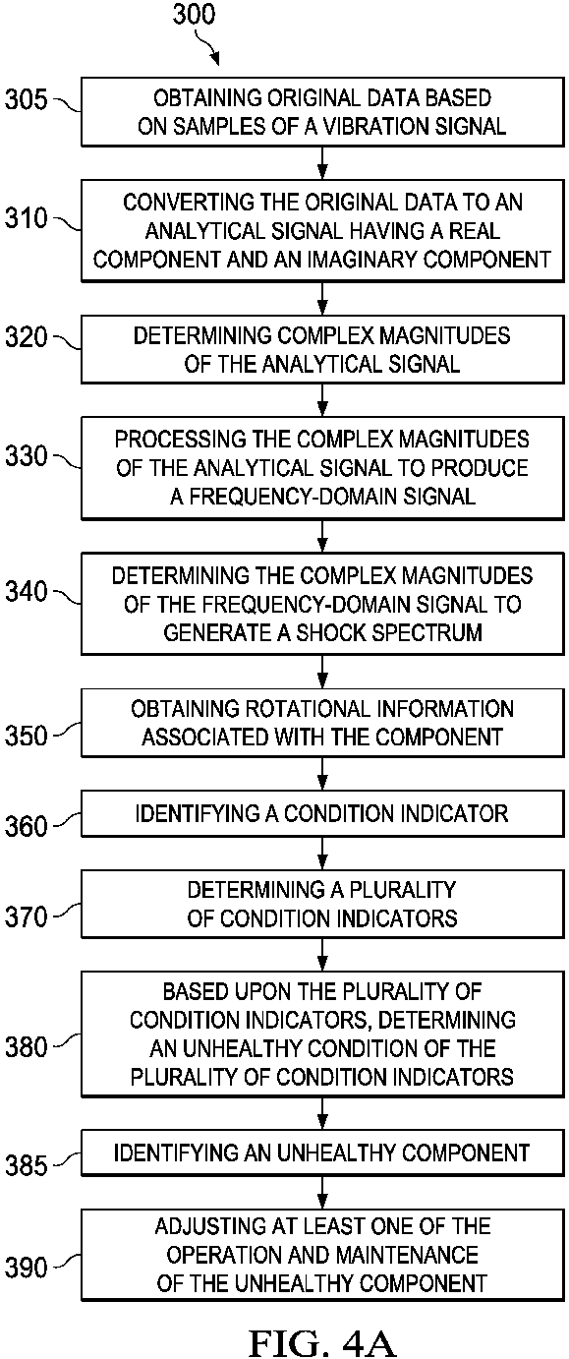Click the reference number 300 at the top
click(194, 15)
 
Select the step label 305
click(26, 99)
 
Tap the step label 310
click(26, 217)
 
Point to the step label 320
click(26, 337)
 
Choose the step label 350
click(26, 736)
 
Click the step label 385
click(26, 1165)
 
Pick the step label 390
click(26, 1268)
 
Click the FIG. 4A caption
click(322, 1342)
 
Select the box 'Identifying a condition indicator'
click(322, 813)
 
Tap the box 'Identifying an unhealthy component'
click(322, 1152)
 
